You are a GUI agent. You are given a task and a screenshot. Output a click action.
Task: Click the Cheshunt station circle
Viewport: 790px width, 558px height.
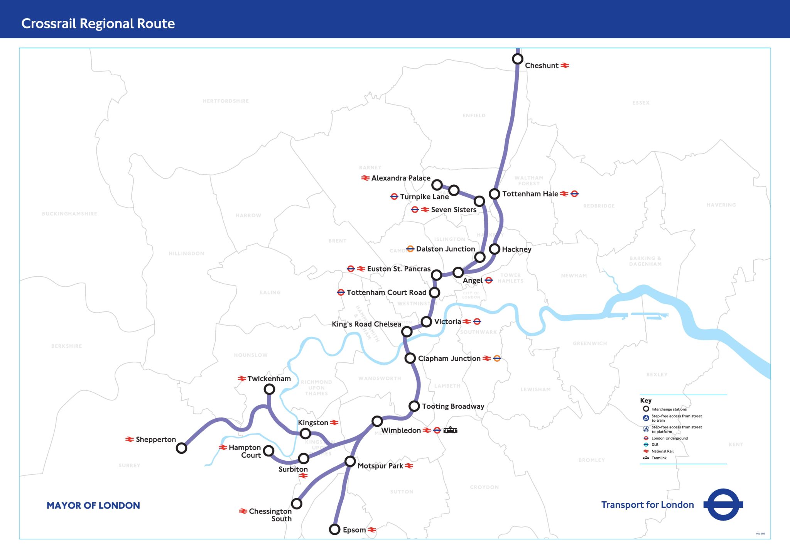517,59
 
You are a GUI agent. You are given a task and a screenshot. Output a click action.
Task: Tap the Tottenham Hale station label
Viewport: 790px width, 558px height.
530,194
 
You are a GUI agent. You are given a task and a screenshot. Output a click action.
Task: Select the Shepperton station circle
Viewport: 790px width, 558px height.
181,448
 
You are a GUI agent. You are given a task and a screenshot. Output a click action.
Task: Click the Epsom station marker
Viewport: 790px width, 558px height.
334,529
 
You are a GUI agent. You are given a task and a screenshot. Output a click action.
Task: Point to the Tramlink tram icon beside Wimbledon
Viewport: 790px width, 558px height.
450,430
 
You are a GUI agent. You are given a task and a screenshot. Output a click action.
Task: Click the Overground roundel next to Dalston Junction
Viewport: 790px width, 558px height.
410,249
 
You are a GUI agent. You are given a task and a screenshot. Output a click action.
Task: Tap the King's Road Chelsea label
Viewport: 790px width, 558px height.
366,324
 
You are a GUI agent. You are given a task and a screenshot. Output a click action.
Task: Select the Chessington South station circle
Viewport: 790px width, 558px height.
296,504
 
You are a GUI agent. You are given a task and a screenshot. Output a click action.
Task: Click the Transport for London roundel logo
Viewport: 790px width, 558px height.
723,504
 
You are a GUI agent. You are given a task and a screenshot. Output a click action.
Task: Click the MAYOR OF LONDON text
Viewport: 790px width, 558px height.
93,506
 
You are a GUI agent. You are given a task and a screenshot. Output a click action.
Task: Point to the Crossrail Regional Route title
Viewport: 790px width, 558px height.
98,24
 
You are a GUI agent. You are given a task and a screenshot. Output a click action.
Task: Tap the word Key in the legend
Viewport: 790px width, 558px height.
645,401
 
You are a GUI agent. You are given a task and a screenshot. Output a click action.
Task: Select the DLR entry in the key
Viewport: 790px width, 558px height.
655,445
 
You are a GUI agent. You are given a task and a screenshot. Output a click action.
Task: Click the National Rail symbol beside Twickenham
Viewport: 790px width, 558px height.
242,379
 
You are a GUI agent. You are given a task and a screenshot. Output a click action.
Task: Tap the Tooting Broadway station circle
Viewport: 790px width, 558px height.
414,406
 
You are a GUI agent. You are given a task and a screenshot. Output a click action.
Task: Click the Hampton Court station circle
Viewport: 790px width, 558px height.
268,451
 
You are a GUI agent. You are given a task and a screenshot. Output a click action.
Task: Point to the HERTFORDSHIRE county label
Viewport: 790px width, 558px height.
226,101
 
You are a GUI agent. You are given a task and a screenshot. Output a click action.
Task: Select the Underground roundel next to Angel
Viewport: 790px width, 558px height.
489,280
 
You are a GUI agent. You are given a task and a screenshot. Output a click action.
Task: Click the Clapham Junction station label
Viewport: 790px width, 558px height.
449,358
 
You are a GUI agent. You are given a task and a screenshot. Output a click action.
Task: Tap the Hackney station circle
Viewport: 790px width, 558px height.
495,249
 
